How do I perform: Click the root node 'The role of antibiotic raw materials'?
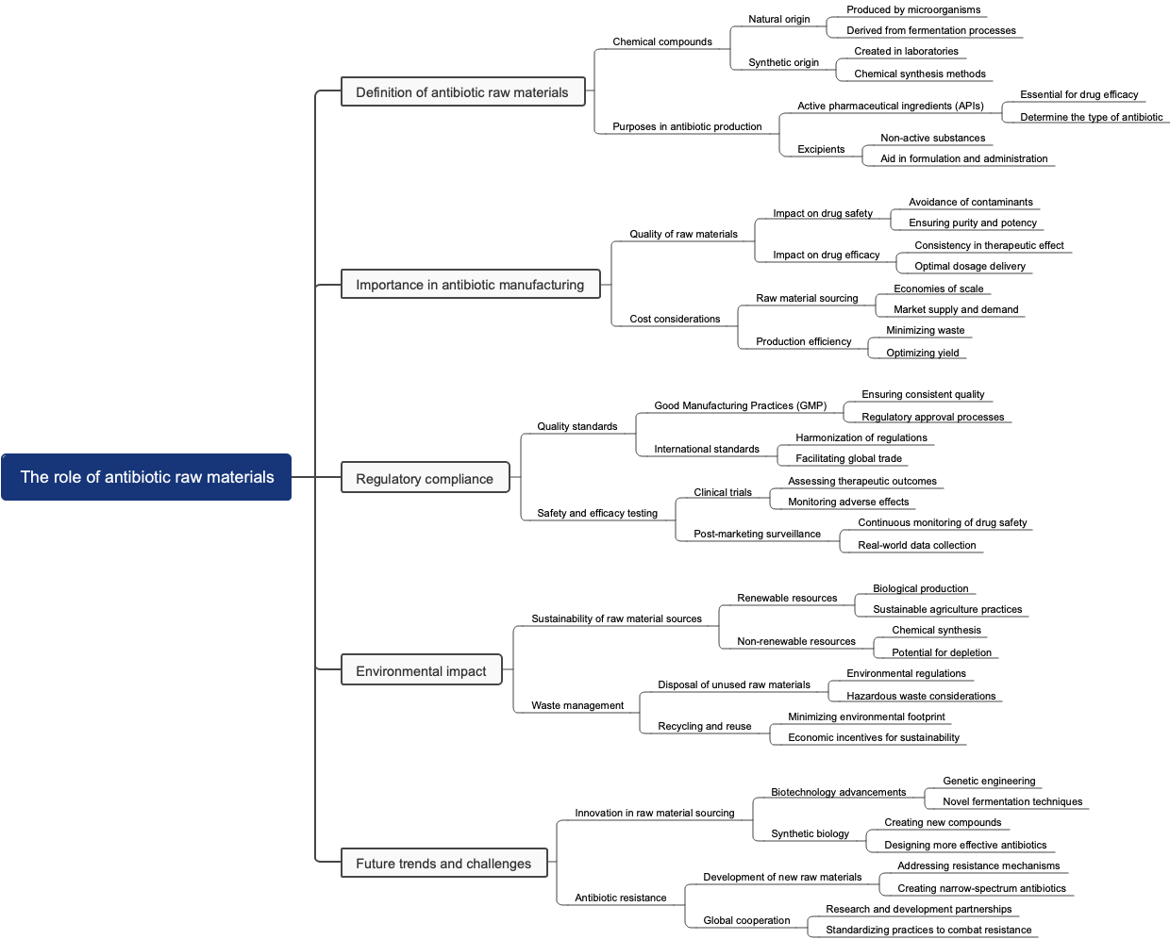[x=146, y=477]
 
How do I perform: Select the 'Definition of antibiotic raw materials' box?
[x=462, y=92]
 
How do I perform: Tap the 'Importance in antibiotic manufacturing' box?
[x=470, y=285]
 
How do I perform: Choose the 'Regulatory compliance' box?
[x=425, y=479]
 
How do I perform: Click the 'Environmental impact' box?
[x=421, y=671]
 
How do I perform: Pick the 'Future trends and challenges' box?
[x=443, y=864]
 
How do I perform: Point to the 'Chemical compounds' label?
[x=662, y=41]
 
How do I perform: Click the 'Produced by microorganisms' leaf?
[x=913, y=10]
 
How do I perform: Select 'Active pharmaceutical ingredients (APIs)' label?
[x=890, y=106]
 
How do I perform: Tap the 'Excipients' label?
[x=821, y=149]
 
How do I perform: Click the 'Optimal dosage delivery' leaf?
[x=970, y=266]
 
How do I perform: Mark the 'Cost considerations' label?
[x=675, y=319]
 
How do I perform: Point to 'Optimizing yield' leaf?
[x=923, y=353]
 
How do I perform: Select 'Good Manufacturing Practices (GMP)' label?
[x=740, y=405]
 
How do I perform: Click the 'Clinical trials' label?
[x=723, y=492]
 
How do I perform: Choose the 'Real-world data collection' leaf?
[x=917, y=545]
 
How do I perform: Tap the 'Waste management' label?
[x=577, y=705]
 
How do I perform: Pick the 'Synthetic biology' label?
[x=810, y=833]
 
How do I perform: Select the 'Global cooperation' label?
[x=746, y=920]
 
